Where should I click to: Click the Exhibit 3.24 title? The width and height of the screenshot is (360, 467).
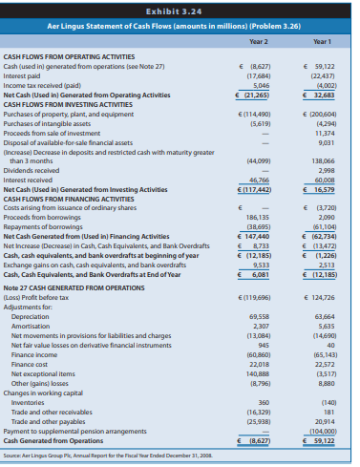coord(180,10)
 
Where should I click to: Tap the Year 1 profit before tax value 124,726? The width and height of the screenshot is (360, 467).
coord(324,297)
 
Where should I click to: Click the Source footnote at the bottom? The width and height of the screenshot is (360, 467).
coord(115,459)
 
